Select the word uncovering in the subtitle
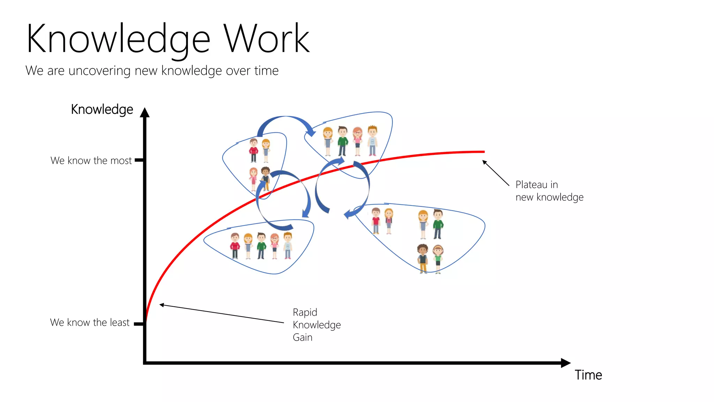[99, 71]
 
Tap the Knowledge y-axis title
[102, 110]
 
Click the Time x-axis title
[588, 375]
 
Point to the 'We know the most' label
[91, 161]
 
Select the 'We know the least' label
[90, 322]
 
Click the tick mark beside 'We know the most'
[139, 160]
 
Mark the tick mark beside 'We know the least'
[138, 324]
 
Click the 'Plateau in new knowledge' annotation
[549, 191]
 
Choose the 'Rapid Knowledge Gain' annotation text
[317, 325]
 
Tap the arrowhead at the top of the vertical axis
[145, 112]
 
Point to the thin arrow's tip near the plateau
[483, 161]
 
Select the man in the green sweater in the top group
[343, 141]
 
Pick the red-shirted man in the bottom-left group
[235, 246]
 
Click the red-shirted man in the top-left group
[253, 150]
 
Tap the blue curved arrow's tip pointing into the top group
[312, 134]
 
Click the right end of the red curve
[484, 152]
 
